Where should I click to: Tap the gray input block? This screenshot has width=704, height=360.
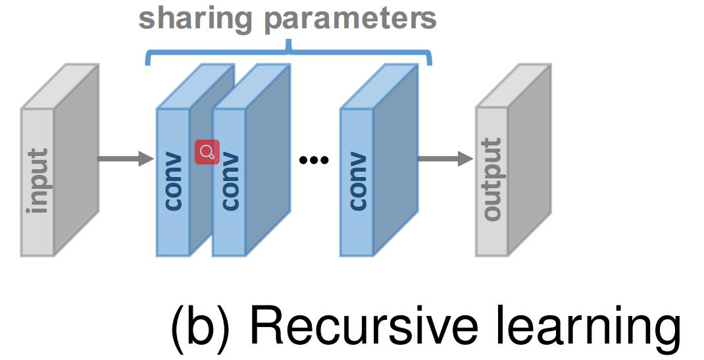pyautogui.click(x=38, y=181)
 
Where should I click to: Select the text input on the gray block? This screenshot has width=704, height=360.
pyautogui.click(x=38, y=181)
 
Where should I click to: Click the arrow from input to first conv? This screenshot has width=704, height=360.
pyautogui.click(x=125, y=158)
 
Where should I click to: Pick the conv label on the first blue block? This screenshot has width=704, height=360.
pyautogui.click(x=173, y=182)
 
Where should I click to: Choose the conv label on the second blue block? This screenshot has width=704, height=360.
pyautogui.click(x=229, y=182)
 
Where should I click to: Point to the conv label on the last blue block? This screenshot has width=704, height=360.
pyautogui.click(x=357, y=182)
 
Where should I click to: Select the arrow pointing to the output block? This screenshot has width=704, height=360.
pyautogui.click(x=445, y=159)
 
